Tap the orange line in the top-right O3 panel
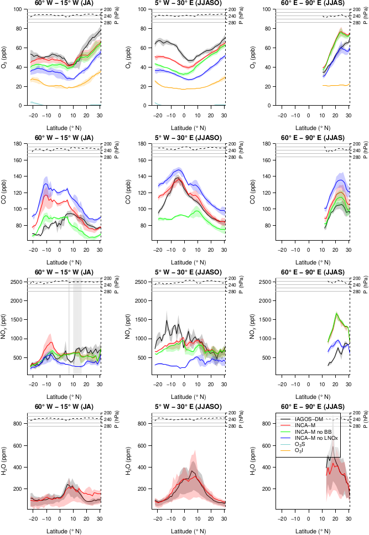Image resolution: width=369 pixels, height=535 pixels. click(x=332, y=85)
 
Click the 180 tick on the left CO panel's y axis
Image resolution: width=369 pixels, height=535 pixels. click(x=22, y=144)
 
